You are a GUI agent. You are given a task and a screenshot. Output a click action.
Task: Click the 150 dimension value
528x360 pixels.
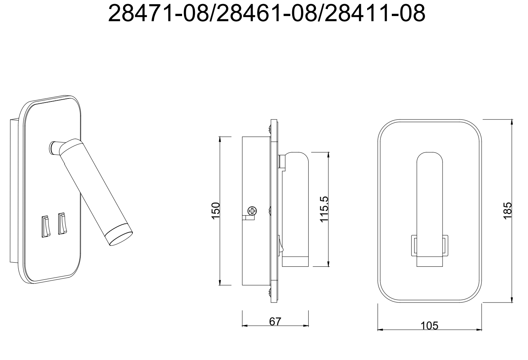tap(216, 211)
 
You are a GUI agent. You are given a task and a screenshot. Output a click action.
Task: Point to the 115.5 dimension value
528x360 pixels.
tap(324, 209)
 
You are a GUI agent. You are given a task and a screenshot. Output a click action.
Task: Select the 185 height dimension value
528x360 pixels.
tap(507, 211)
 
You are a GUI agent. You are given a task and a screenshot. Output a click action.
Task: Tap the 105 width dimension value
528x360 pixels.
tap(429, 326)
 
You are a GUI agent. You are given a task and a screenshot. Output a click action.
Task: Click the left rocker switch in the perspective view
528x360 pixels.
tap(46, 226)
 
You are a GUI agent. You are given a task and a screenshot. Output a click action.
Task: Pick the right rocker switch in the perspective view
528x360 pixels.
tap(62, 223)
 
